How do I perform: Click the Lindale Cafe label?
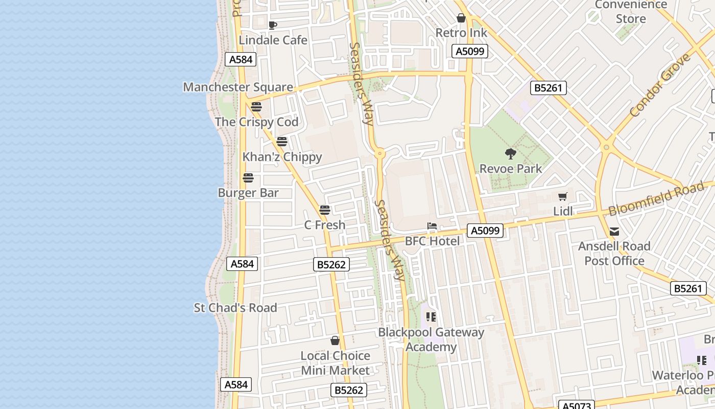pyautogui.click(x=273, y=40)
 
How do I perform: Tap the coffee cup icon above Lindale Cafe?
pyautogui.click(x=273, y=25)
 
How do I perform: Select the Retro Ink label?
pyautogui.click(x=461, y=33)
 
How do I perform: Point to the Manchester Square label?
pyautogui.click(x=238, y=87)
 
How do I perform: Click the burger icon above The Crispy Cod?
pyautogui.click(x=256, y=107)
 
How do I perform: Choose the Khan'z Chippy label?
pyautogui.click(x=282, y=157)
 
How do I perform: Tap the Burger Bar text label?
pyautogui.click(x=248, y=193)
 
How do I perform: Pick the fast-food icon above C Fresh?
pyautogui.click(x=325, y=210)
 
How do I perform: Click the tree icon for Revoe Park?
pyautogui.click(x=510, y=153)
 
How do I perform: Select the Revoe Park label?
pyautogui.click(x=510, y=169)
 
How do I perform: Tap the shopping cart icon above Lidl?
pyautogui.click(x=563, y=197)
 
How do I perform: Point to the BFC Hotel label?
pyautogui.click(x=432, y=241)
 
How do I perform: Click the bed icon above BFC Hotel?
pyautogui.click(x=432, y=226)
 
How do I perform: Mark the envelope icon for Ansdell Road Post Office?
pyautogui.click(x=614, y=232)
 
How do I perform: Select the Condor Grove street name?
pyautogui.click(x=660, y=85)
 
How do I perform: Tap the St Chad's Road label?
pyautogui.click(x=235, y=308)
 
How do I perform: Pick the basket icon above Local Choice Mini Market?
pyautogui.click(x=335, y=340)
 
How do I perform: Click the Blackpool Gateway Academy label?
pyautogui.click(x=431, y=340)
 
